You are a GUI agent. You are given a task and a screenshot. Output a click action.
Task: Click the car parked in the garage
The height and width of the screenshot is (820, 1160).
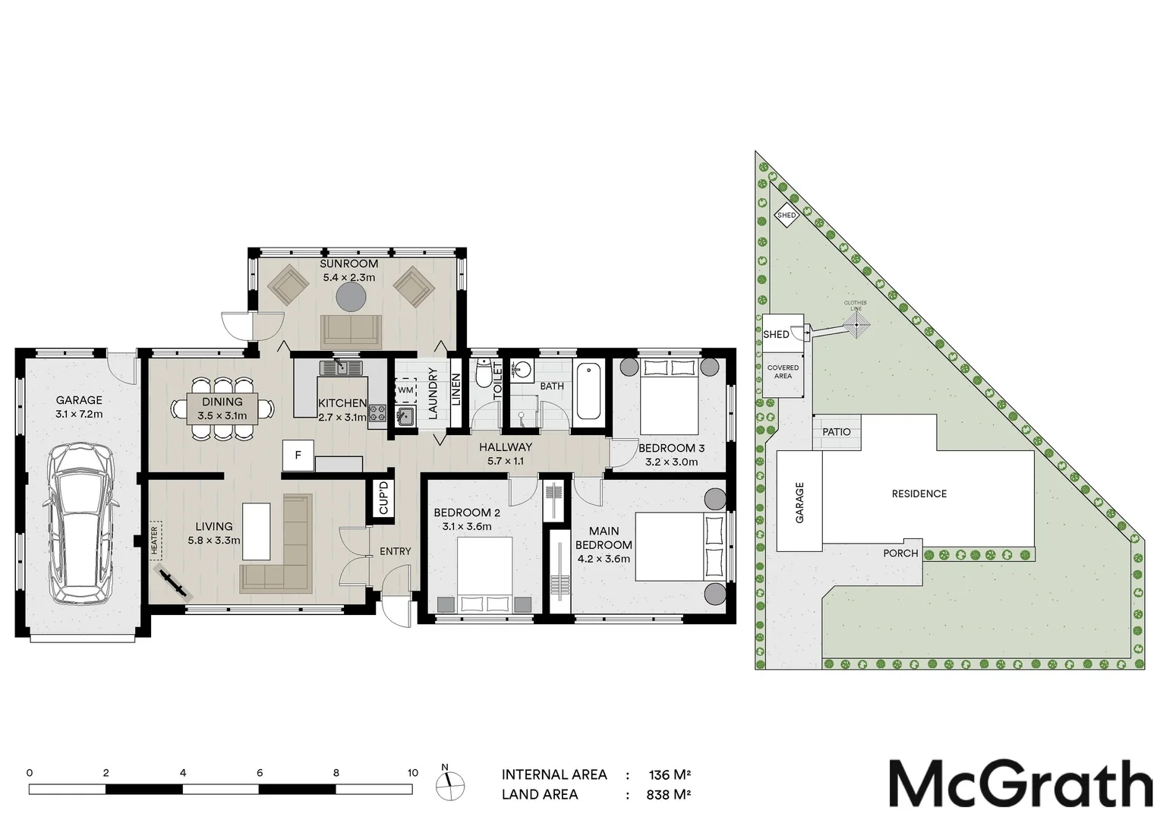(x=80, y=524)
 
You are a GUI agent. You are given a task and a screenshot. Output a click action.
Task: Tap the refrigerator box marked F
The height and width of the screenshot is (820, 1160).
(x=298, y=456)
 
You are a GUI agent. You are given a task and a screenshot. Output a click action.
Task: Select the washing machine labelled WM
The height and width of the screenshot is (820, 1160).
(x=405, y=390)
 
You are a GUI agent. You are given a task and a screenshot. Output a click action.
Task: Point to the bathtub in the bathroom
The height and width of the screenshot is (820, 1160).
(x=588, y=392)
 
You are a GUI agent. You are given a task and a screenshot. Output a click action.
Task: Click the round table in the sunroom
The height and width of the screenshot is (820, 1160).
(x=351, y=297)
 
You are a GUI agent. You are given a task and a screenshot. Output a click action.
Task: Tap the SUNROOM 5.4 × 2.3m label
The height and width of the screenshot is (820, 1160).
(x=349, y=270)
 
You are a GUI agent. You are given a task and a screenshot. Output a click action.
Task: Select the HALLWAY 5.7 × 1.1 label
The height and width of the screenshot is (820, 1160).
(x=505, y=454)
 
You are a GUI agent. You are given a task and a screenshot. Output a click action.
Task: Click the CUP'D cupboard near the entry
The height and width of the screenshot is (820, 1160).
(x=383, y=498)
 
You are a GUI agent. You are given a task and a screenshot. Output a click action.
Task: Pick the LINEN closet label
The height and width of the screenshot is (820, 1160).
(x=456, y=389)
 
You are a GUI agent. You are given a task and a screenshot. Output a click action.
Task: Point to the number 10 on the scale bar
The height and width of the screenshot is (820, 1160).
(x=412, y=773)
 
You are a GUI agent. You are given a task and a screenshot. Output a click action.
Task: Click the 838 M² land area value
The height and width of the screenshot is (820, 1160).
(x=669, y=795)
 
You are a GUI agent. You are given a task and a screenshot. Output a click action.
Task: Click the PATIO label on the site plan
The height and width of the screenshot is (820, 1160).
(x=837, y=432)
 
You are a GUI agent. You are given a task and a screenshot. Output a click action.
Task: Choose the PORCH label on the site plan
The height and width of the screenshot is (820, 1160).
(x=900, y=553)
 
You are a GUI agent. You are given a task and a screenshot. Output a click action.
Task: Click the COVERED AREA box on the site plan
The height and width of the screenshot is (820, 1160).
(x=783, y=372)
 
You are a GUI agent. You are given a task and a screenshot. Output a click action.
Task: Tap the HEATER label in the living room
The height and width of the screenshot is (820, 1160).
(x=154, y=540)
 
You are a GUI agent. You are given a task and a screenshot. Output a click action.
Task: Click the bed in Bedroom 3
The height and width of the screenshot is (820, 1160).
(x=669, y=395)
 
